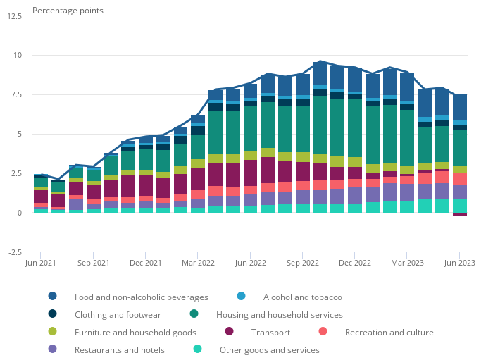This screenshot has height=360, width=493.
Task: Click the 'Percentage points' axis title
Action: (x=68, y=11)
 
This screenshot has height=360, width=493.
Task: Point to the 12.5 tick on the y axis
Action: (x=14, y=15)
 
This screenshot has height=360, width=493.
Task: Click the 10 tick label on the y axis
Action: (x=18, y=55)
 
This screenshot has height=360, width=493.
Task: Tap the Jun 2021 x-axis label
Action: (x=41, y=263)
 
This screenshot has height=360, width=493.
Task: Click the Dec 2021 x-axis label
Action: (x=146, y=263)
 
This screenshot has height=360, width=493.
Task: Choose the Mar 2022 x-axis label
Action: (x=198, y=263)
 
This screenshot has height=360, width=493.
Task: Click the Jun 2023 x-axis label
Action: (x=459, y=263)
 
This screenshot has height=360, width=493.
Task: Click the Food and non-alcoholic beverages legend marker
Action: (x=53, y=297)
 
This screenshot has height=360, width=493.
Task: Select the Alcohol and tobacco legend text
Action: (x=302, y=297)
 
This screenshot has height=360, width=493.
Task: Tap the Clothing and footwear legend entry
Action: (x=118, y=315)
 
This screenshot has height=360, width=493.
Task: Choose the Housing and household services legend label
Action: (x=280, y=315)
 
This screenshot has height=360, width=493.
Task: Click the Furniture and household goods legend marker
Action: (x=53, y=332)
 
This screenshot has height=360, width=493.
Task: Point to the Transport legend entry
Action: (x=271, y=333)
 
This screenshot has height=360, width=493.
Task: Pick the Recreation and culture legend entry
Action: (x=389, y=333)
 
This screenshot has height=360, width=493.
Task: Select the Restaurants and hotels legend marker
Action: (x=53, y=349)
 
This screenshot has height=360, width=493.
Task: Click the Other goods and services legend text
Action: (x=269, y=350)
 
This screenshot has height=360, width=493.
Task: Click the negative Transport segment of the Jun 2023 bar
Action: (x=460, y=214)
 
